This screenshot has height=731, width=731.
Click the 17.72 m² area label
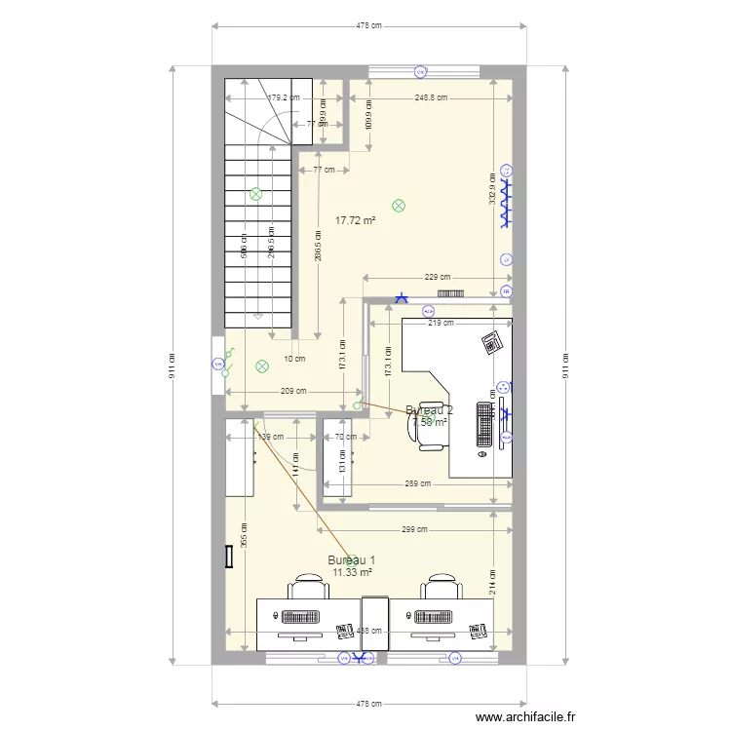(355, 221)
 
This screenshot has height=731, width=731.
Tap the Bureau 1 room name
(351, 560)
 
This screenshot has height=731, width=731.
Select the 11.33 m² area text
(352, 572)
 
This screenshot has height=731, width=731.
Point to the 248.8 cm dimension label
(431, 97)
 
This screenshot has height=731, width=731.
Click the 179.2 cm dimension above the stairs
(284, 97)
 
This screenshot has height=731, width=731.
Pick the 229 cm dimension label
(438, 277)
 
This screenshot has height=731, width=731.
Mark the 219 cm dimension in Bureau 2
(442, 324)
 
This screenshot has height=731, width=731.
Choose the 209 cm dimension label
(293, 392)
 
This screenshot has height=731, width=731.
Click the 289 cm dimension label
(418, 484)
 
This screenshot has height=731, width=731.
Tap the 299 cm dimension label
(414, 531)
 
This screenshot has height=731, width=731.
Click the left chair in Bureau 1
(307, 588)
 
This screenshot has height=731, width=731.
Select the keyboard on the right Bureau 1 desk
(436, 616)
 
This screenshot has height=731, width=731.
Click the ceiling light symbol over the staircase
(256, 194)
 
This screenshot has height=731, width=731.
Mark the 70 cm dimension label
(346, 438)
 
